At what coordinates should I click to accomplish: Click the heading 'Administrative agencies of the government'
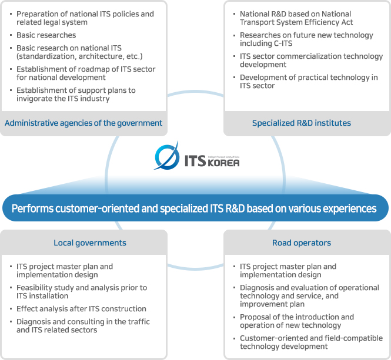[x=83, y=123]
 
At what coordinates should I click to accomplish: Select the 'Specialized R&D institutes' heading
[x=301, y=123]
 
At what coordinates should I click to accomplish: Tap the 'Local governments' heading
[x=90, y=243]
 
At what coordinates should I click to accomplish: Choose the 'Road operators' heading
[x=301, y=243]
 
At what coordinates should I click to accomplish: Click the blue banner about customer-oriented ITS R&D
[x=194, y=208]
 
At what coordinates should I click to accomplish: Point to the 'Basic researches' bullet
[x=46, y=35]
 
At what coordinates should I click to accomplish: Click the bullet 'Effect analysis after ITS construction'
[x=81, y=309]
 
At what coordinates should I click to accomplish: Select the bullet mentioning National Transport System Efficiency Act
[x=296, y=18]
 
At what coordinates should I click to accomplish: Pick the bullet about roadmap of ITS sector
[x=86, y=73]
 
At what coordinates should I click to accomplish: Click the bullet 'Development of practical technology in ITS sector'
[x=309, y=82]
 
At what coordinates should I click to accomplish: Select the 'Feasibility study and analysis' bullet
[x=81, y=292]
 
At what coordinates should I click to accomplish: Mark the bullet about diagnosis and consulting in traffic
[x=83, y=326]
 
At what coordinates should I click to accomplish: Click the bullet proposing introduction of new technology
[x=297, y=321]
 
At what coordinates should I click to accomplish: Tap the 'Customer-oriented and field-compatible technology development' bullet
[x=311, y=342]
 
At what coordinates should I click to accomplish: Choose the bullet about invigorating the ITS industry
[x=76, y=95]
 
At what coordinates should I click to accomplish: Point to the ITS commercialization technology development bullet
[x=311, y=60]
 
